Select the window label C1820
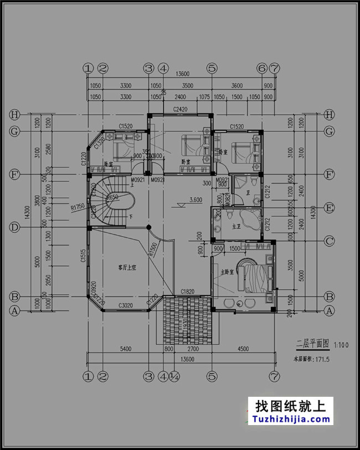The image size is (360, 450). coord(188,292)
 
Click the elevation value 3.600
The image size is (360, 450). coord(195,200)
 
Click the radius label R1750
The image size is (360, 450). coord(77,207)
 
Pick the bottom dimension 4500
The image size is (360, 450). coord(242,350)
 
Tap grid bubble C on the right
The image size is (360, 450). coord(330,241)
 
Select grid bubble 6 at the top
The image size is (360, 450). coord(261,68)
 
